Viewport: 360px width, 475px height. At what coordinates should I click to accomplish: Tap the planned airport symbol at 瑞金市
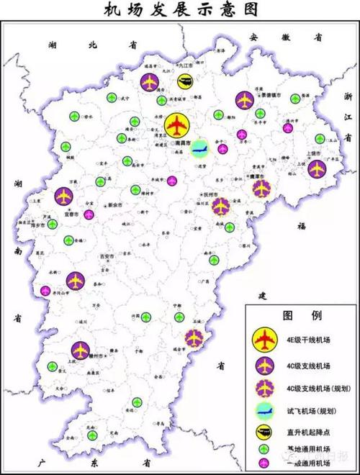194,336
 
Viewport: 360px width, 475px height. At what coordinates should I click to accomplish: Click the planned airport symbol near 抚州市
221,207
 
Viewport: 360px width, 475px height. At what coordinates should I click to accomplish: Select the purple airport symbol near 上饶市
316,169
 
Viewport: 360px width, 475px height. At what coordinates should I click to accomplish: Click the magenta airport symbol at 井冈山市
45,291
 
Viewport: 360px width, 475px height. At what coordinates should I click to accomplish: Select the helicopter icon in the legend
266,432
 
